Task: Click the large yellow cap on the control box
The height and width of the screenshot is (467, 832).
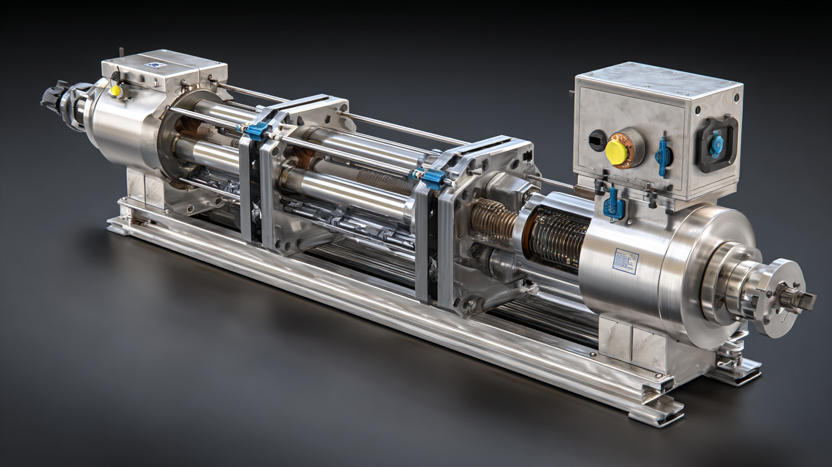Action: click(x=617, y=152)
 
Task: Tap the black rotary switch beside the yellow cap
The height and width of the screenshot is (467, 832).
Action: click(x=597, y=140)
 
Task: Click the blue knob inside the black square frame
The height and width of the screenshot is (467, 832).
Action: click(x=717, y=144)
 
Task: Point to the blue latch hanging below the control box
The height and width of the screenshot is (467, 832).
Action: click(x=614, y=204)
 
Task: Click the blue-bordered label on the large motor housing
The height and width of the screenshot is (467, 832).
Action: click(x=625, y=261)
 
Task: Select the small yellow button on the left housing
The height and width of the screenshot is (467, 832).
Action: click(x=116, y=90)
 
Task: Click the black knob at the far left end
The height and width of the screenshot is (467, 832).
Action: click(x=51, y=97)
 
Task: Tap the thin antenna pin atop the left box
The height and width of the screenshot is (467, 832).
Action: click(x=121, y=53)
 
